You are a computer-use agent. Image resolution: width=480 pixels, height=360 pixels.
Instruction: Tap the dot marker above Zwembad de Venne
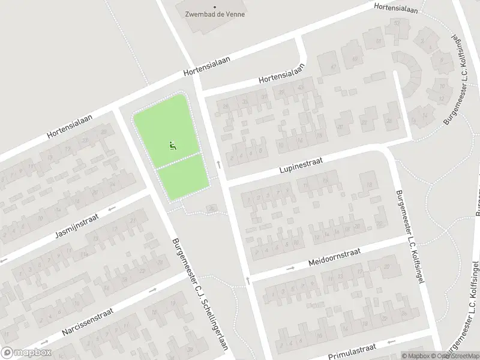point(215,6)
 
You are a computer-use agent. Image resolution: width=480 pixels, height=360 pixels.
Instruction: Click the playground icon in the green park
point(173,145)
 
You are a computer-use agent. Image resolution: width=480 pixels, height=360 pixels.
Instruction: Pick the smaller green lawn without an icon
point(182,176)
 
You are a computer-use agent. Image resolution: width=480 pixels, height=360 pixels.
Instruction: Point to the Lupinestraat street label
point(301,166)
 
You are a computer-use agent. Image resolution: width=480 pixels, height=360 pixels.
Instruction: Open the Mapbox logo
point(26,353)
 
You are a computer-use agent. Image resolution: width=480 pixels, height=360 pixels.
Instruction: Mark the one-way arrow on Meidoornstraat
point(291,268)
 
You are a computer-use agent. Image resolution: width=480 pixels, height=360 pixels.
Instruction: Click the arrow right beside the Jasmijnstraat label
point(112,209)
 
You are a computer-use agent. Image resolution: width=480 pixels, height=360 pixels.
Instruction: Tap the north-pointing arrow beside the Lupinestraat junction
point(219,163)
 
